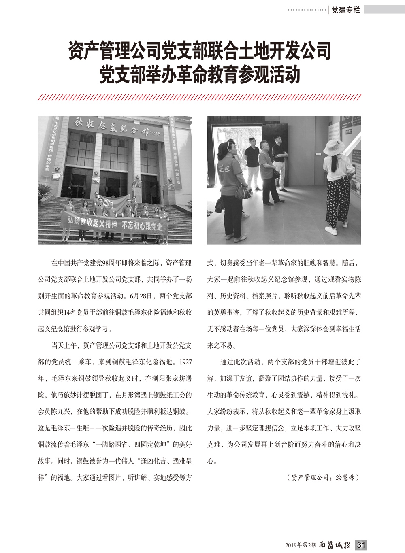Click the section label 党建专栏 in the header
click(x=345, y=11)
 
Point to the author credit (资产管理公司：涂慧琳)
click(x=322, y=477)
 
